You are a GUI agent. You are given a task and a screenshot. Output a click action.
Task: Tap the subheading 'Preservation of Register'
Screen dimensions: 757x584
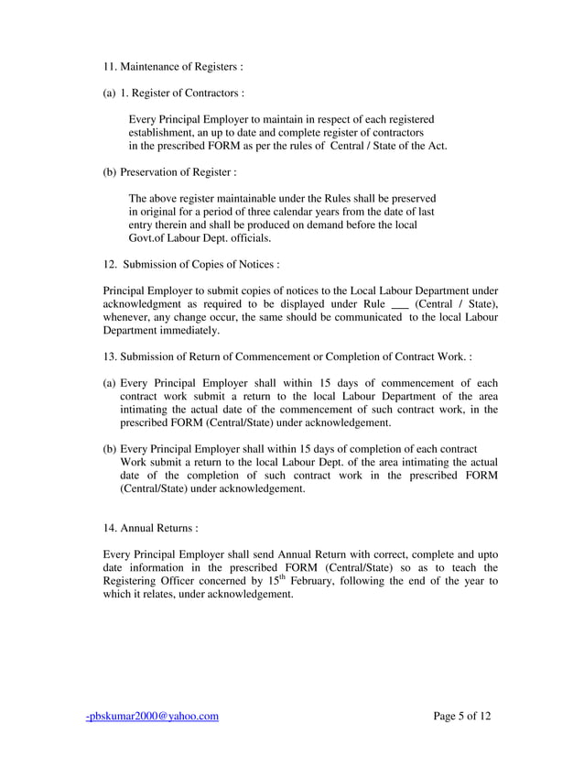178,171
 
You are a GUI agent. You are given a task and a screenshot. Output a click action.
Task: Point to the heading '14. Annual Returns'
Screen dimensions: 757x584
151,528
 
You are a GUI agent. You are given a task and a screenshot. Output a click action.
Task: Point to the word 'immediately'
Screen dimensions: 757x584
189,331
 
